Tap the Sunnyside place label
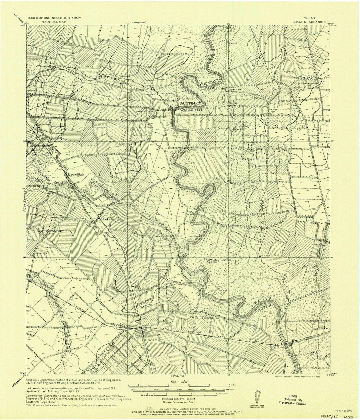266,146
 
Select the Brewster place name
76,174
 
